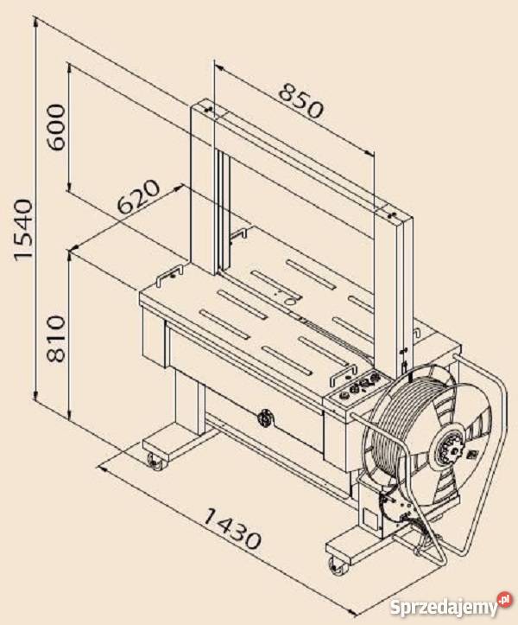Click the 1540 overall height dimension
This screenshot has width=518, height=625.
click(x=22, y=230)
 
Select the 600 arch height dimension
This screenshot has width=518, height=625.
click(x=56, y=127)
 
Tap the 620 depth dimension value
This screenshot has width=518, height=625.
click(x=139, y=197)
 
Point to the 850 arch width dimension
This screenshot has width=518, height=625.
click(x=301, y=101)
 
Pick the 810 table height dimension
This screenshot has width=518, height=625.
click(x=56, y=338)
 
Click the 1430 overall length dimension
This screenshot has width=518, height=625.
click(x=232, y=528)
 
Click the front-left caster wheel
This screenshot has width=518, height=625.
click(x=155, y=462)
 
